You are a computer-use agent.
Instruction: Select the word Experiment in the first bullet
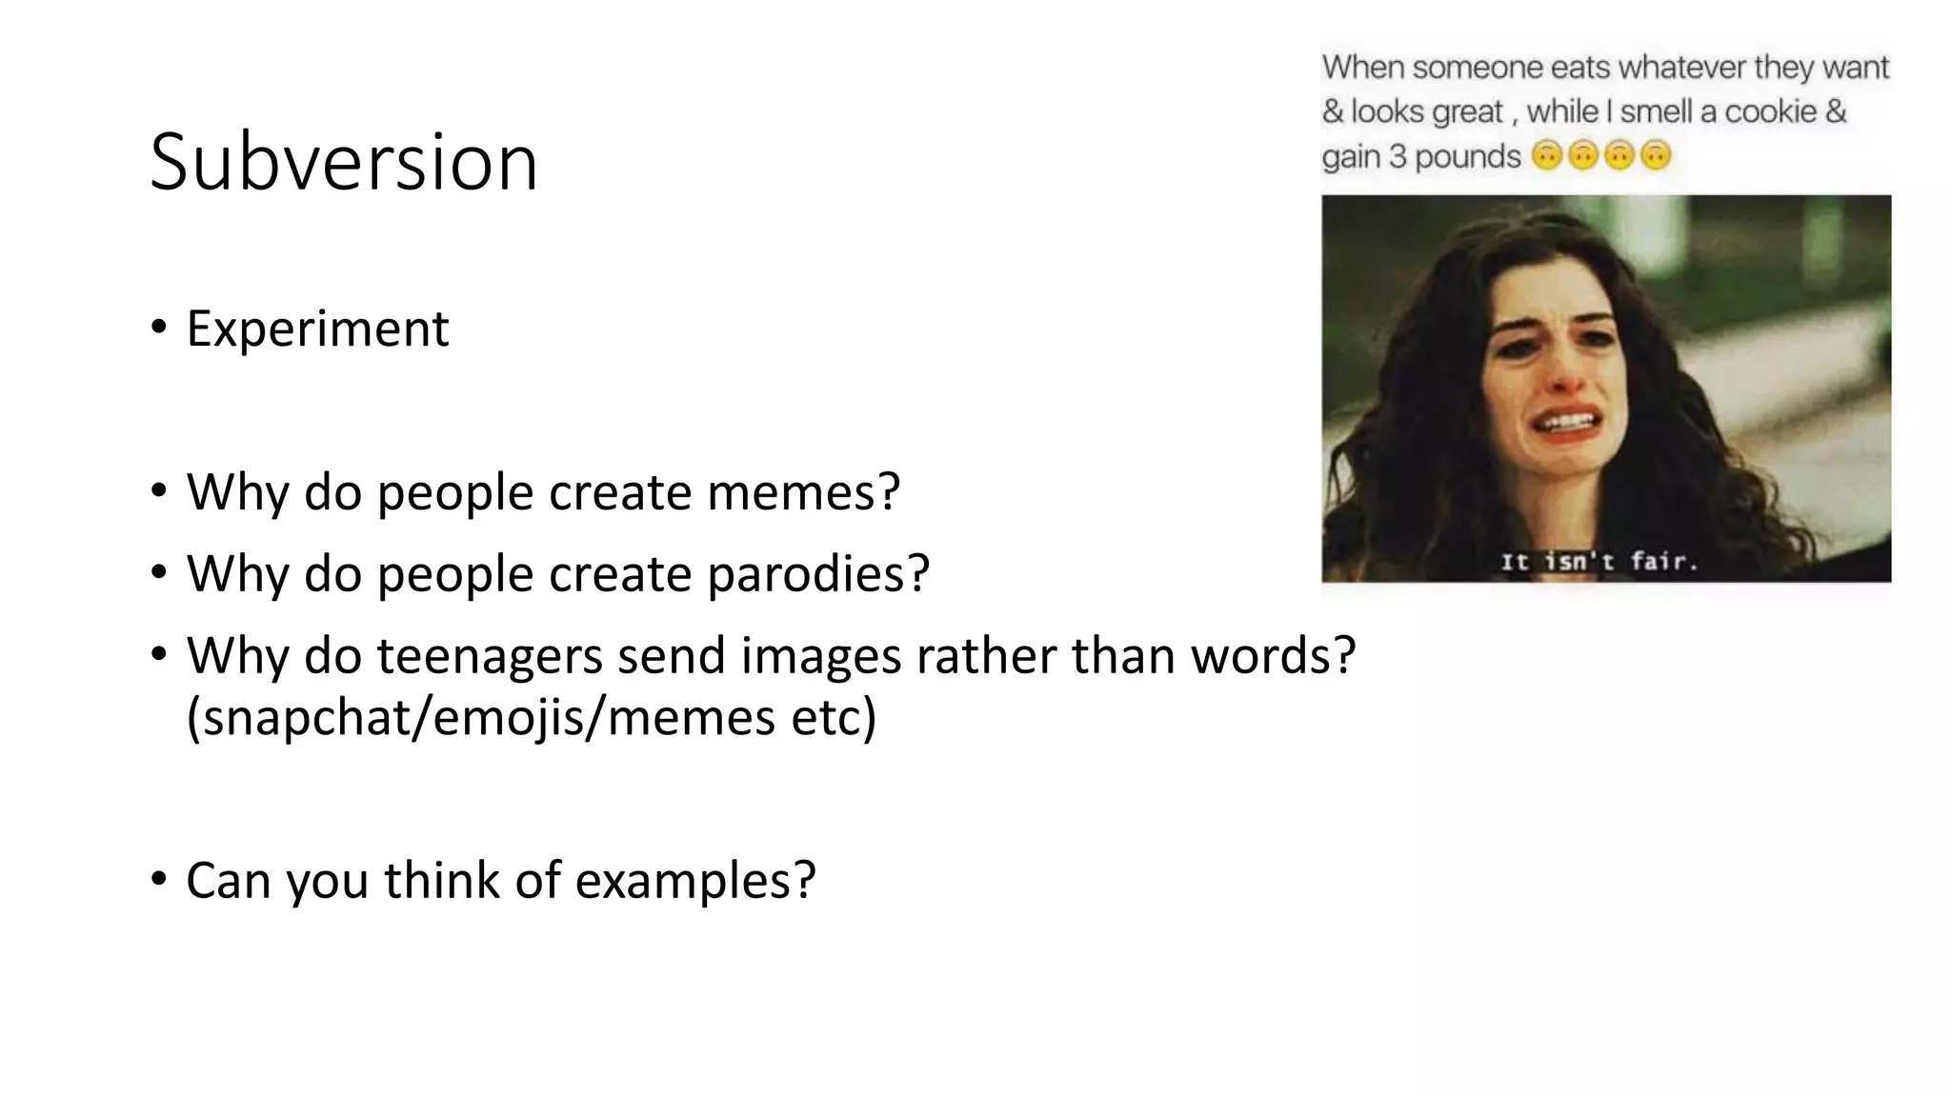point(317,329)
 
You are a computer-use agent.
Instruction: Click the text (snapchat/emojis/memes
point(480,716)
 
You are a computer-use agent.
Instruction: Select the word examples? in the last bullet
point(695,880)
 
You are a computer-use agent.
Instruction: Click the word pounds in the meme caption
point(1468,156)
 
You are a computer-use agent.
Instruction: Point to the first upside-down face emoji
point(1547,155)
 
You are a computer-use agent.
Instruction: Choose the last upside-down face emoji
point(1656,155)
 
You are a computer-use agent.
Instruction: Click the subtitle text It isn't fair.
point(1599,562)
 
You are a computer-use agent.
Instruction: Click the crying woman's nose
point(1560,374)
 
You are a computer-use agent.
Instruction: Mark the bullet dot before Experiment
point(158,328)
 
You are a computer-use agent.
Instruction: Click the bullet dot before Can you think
point(158,879)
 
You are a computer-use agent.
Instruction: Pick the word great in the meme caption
point(1467,112)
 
